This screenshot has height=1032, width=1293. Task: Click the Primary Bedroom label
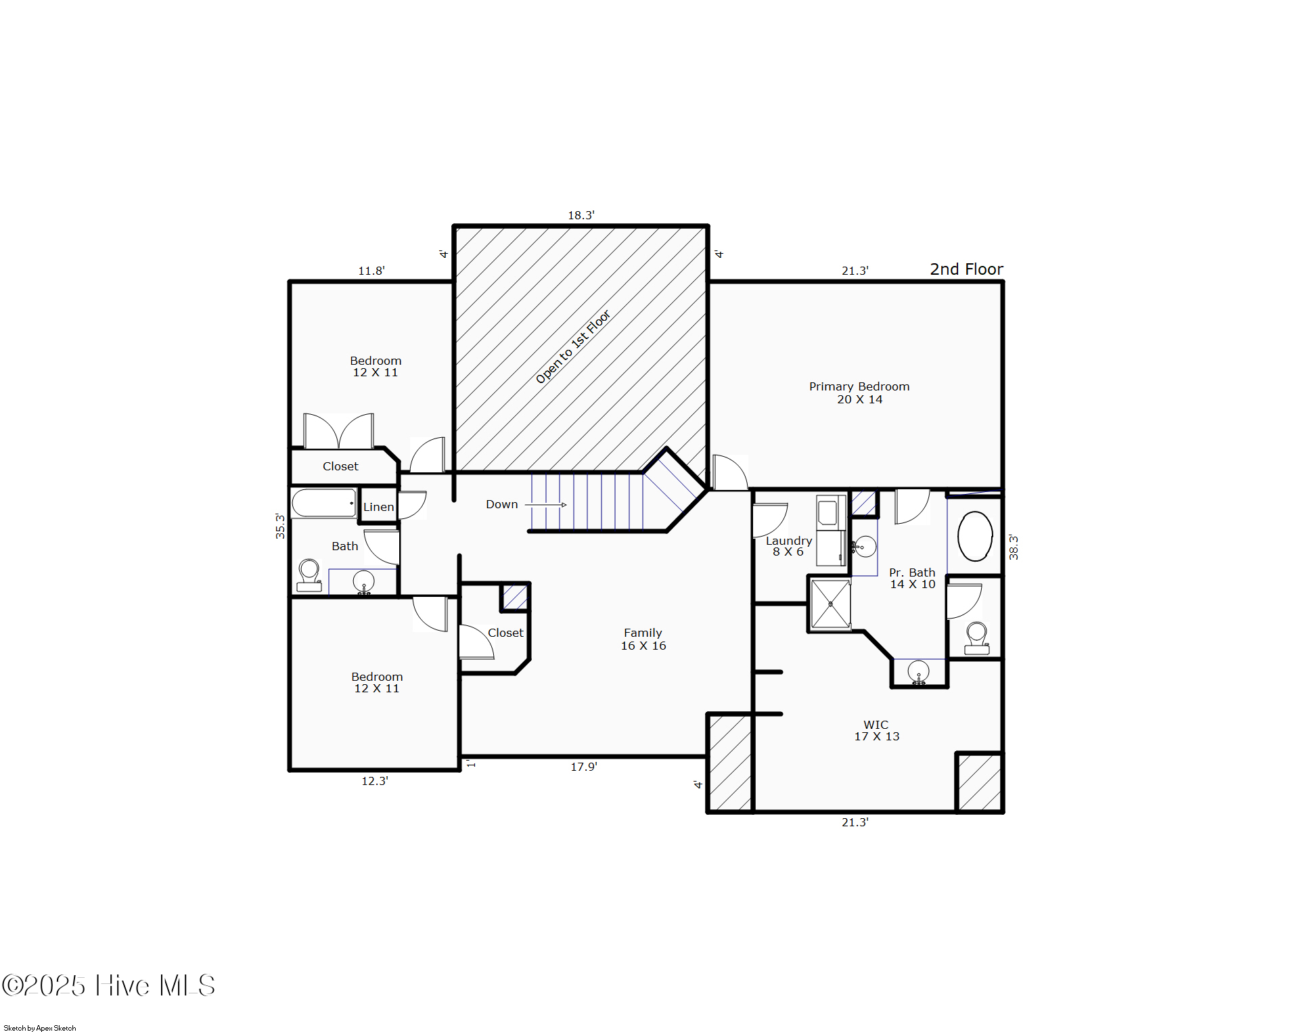tap(859, 392)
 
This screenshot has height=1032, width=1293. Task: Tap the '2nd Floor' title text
tap(966, 269)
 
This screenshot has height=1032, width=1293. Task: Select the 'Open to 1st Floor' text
tap(573, 346)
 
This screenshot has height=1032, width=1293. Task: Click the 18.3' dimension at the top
tap(581, 215)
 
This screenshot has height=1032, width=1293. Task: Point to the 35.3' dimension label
tap(280, 526)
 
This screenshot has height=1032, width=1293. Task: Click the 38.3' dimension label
tap(1014, 547)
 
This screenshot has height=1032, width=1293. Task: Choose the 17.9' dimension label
tap(584, 767)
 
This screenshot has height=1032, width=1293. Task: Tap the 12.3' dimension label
tap(375, 781)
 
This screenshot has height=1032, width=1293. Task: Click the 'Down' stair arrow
tap(546, 505)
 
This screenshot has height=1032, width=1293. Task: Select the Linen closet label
tap(378, 507)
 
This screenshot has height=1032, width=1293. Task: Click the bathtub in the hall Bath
tap(324, 503)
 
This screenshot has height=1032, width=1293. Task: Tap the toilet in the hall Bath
tap(309, 575)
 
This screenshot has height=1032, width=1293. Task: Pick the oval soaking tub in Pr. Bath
tap(975, 537)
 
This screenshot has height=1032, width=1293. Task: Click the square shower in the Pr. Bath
tap(830, 604)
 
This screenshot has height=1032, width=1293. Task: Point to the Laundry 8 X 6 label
tap(789, 546)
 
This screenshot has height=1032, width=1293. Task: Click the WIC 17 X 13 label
tap(877, 731)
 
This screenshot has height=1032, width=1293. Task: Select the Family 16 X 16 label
tap(643, 640)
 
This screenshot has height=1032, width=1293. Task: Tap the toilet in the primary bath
tap(976, 638)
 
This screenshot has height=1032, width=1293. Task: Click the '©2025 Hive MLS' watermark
tap(108, 985)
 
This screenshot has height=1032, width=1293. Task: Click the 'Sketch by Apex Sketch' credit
tap(40, 1028)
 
